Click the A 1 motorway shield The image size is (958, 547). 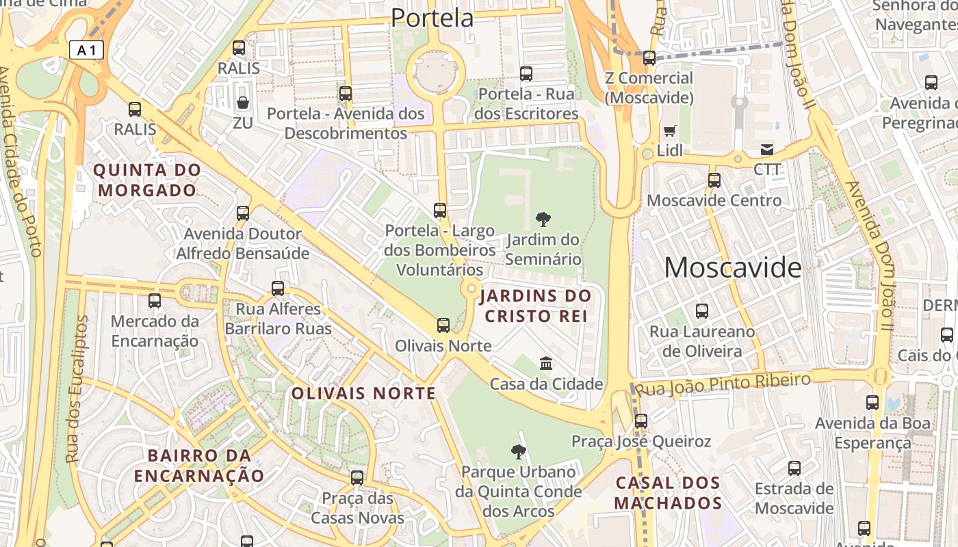pyautogui.click(x=86, y=50)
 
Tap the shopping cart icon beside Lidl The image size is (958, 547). pyautogui.click(x=669, y=130)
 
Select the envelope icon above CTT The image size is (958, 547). pyautogui.click(x=766, y=150)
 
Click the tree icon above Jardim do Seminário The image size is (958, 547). pyautogui.click(x=543, y=219)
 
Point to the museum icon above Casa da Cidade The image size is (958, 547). pyautogui.click(x=545, y=362)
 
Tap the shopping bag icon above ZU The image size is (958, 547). pyautogui.click(x=243, y=103)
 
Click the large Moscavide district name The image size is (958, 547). pyautogui.click(x=732, y=267)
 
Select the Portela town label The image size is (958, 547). pyautogui.click(x=432, y=18)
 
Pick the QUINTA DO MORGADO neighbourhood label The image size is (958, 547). pyautogui.click(x=147, y=180)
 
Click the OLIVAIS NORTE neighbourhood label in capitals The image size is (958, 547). pyautogui.click(x=363, y=393)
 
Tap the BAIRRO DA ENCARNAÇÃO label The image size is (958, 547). pyautogui.click(x=199, y=466)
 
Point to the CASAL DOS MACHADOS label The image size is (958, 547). pyautogui.click(x=668, y=493)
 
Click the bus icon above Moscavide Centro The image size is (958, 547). pyautogui.click(x=714, y=181)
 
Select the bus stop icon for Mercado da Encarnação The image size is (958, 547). pyautogui.click(x=155, y=301)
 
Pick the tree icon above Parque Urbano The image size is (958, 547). pyautogui.click(x=518, y=451)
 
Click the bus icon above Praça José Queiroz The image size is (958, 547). pyautogui.click(x=640, y=421)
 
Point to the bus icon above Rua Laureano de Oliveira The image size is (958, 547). pyautogui.click(x=701, y=311)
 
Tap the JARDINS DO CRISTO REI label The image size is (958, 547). pyautogui.click(x=535, y=306)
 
